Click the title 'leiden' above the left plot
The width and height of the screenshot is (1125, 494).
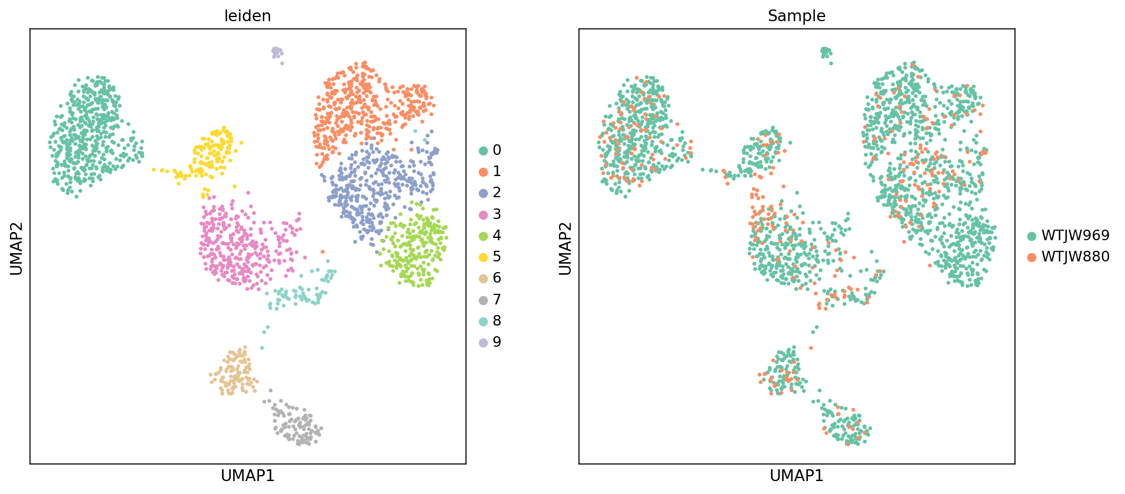[x=247, y=16]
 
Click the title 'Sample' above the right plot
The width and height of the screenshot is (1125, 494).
[x=796, y=16]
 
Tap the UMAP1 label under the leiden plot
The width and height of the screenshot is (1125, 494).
[x=247, y=476]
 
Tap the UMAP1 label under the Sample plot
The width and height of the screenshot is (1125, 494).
[x=796, y=476]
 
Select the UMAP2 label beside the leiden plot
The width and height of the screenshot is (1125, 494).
[x=16, y=248]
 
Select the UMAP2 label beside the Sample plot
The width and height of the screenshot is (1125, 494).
[x=565, y=248]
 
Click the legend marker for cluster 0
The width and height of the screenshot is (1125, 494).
[x=484, y=151]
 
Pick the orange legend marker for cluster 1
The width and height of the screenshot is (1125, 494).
[x=484, y=172]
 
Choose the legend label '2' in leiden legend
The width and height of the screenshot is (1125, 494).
[x=497, y=193]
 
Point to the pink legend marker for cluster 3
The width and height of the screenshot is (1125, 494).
[x=484, y=215]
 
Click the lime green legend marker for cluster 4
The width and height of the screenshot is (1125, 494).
[x=484, y=236]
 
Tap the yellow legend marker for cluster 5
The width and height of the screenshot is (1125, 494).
[x=484, y=257]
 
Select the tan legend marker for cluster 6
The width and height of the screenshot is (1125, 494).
[x=484, y=279]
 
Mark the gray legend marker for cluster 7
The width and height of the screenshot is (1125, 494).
[x=484, y=300]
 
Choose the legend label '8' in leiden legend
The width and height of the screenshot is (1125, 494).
[x=497, y=321]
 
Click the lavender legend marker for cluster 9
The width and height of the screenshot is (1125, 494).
[x=484, y=343]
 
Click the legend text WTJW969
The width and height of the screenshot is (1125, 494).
[x=1075, y=236]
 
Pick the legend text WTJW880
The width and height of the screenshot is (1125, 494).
[x=1075, y=257]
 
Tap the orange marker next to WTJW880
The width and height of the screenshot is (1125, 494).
[x=1031, y=257]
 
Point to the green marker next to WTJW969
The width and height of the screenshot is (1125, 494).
[x=1031, y=236]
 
